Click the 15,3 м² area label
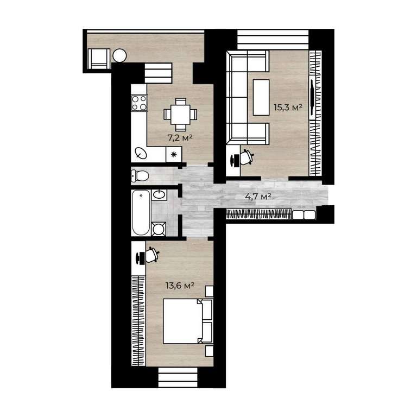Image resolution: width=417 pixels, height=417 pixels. [x=288, y=108]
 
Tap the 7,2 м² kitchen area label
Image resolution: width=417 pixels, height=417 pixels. [x=180, y=138]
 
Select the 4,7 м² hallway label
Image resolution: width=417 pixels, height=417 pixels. [x=258, y=197]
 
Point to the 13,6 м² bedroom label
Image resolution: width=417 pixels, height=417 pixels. [x=180, y=286]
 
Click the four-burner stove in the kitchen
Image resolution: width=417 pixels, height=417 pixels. [x=140, y=103]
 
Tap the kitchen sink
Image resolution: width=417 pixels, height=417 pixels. [x=141, y=153]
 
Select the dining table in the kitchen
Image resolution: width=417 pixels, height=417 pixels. [x=181, y=115]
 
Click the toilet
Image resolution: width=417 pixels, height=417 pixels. [x=140, y=176]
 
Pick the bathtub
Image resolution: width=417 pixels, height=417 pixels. [x=141, y=213]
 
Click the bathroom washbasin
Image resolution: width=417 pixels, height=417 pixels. [x=159, y=195]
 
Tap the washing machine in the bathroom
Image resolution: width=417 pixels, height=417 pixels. [x=159, y=229]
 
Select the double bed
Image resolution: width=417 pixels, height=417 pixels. [x=188, y=321]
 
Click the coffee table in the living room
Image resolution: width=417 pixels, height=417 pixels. [x=261, y=97]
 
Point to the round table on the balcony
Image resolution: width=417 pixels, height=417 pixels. [x=119, y=56]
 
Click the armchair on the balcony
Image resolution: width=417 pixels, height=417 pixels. [x=99, y=59]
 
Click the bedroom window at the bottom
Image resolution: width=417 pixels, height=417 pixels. [x=178, y=377]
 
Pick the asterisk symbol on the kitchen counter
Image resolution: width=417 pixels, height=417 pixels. [x=174, y=155]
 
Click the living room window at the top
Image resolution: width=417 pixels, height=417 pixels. [x=273, y=39]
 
